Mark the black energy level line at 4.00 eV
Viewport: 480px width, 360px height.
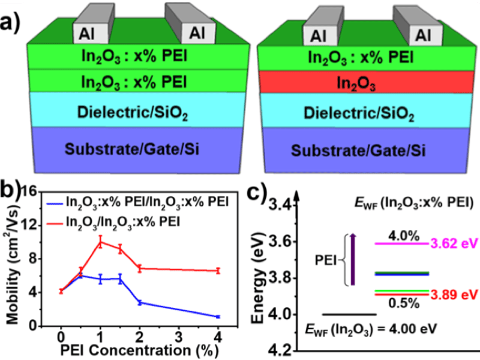coord(349,314)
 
